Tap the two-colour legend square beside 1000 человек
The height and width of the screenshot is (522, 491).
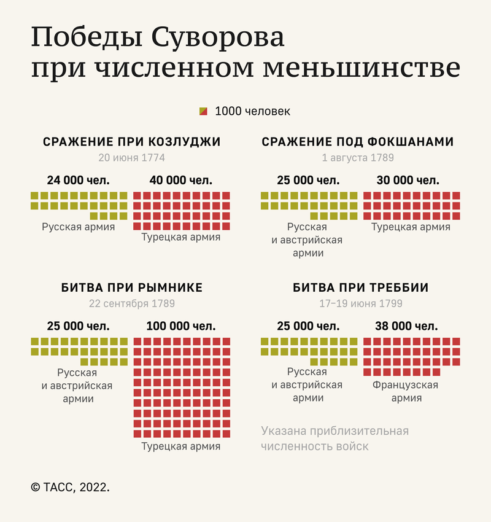coord(203,111)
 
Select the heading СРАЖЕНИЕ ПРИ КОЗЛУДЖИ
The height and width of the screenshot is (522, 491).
coord(131,142)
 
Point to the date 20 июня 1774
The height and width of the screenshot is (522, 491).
coord(131,157)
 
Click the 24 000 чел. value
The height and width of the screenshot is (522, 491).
coord(79,181)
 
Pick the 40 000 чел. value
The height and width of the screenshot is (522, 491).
coord(181,181)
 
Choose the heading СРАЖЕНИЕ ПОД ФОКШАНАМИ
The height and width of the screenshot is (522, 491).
coord(358,142)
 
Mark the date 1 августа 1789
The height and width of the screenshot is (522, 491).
coord(358,157)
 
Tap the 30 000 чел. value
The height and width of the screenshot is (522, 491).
coord(408,181)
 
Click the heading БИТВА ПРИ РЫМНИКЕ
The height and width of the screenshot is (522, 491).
coord(131,288)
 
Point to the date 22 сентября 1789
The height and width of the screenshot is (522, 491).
coord(131,303)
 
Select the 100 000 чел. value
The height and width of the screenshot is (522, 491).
coord(181,326)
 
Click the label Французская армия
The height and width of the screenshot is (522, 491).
coord(406,391)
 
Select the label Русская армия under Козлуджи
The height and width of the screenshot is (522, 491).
coord(79,227)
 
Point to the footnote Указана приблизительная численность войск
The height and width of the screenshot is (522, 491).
coord(334,438)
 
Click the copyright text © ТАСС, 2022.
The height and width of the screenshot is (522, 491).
coord(71,487)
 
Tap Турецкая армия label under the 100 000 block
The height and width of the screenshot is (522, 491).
coord(181,446)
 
